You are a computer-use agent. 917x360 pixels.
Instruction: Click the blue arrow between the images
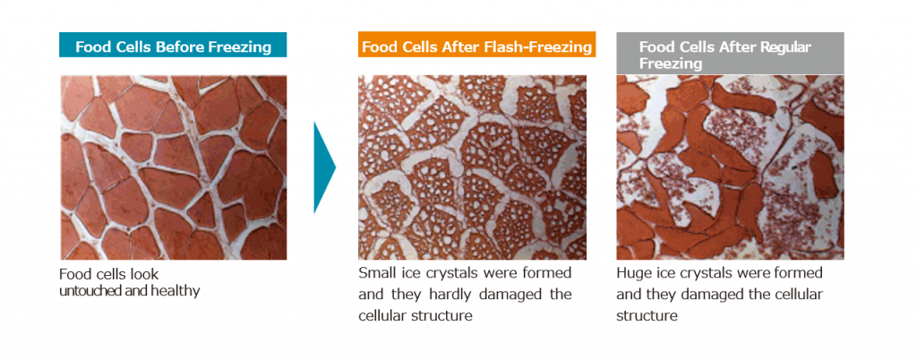[x=323, y=167]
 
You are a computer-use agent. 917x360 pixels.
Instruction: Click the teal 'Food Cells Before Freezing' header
[x=173, y=46]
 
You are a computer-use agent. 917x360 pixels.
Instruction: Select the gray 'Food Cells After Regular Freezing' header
[x=730, y=53]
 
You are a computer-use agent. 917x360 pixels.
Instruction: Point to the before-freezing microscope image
[x=173, y=167]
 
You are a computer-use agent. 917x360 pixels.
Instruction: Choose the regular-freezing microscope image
[x=730, y=167]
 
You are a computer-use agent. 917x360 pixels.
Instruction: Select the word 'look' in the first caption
[x=146, y=273]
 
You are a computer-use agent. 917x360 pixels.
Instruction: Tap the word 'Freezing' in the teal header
[x=240, y=47]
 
